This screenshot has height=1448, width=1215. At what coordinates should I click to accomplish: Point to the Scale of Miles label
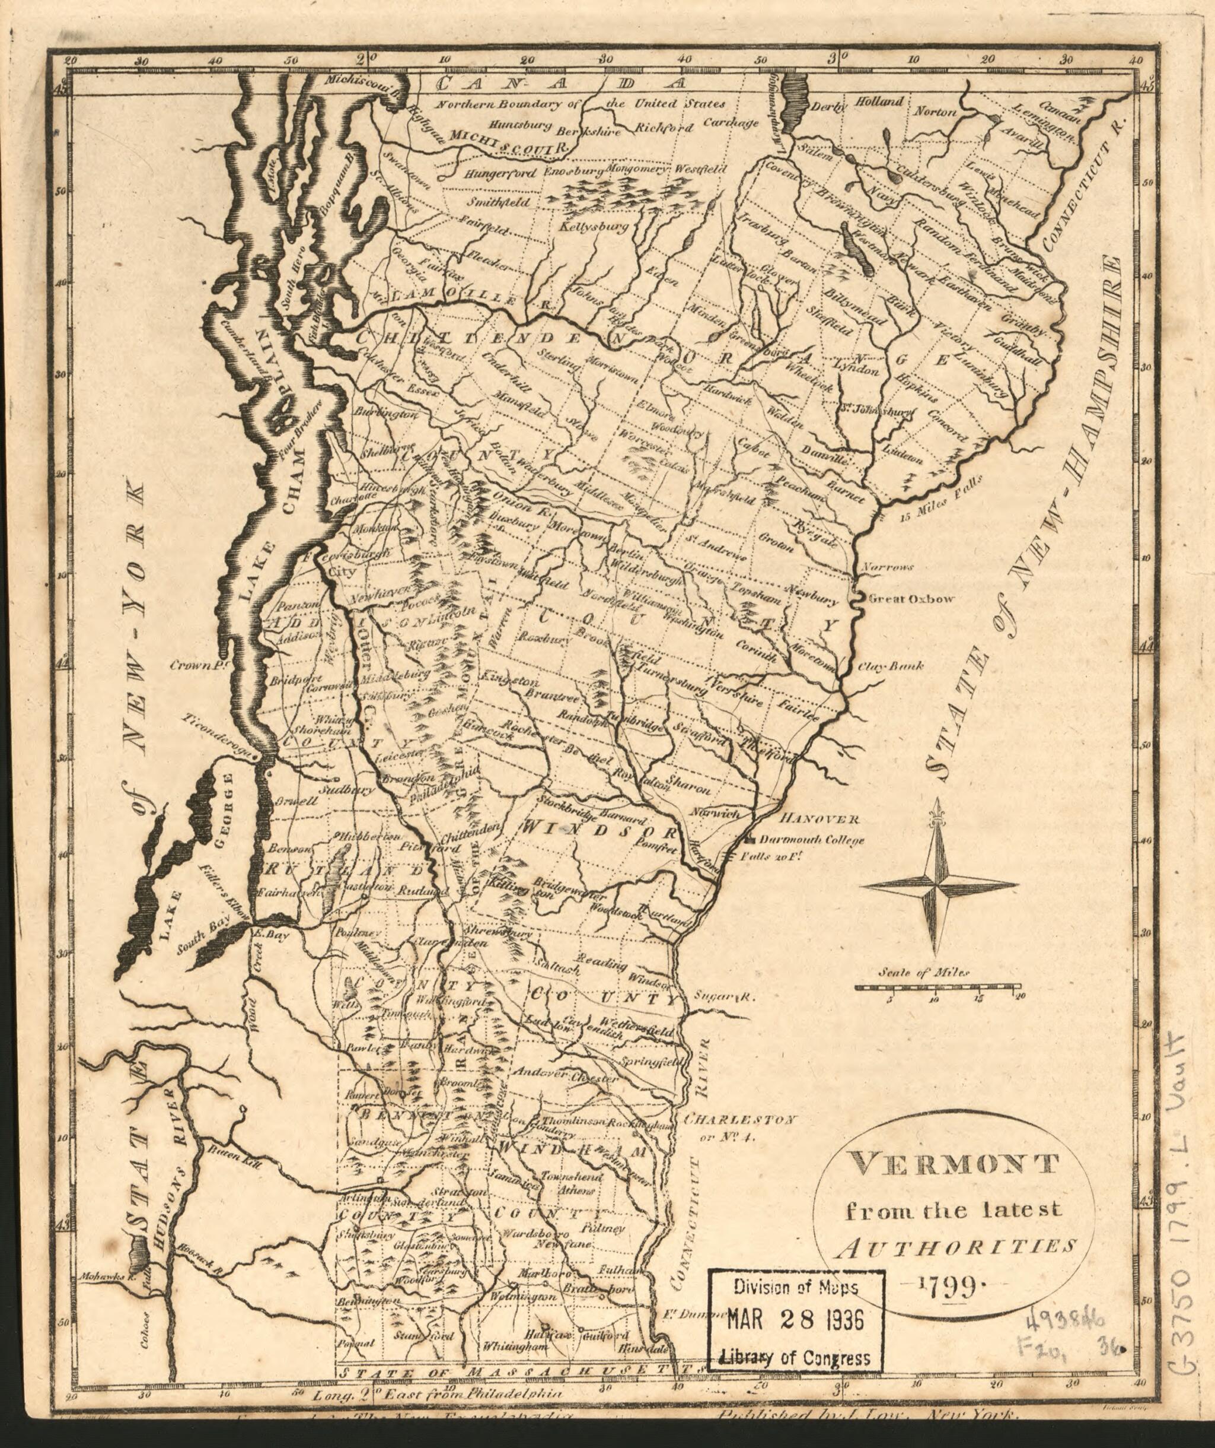(923, 973)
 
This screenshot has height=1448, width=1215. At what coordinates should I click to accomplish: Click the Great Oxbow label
(910, 599)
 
